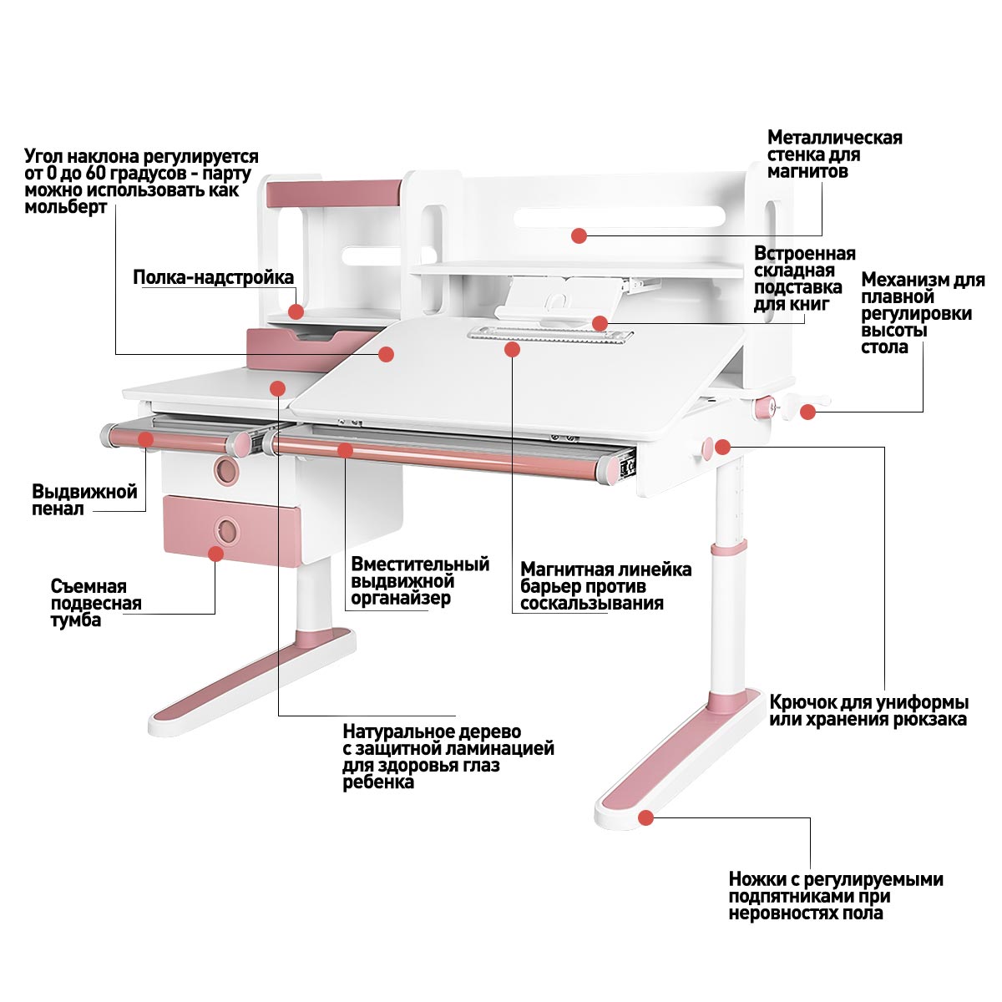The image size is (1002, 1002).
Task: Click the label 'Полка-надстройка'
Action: pyautogui.click(x=213, y=277)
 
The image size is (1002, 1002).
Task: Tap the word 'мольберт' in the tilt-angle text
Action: pyautogui.click(x=65, y=207)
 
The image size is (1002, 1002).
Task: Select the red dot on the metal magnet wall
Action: pyautogui.click(x=579, y=235)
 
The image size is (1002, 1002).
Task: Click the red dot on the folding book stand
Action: pyautogui.click(x=600, y=323)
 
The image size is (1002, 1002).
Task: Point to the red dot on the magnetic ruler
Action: pyautogui.click(x=513, y=349)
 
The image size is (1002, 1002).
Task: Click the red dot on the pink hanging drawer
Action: pyautogui.click(x=216, y=553)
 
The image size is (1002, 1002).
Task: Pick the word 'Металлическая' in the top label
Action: pyautogui.click(x=834, y=138)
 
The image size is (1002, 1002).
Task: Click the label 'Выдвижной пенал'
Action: pyautogui.click(x=84, y=500)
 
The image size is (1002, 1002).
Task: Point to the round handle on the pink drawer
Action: pyautogui.click(x=226, y=529)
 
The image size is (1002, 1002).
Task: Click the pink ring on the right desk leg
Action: pyautogui.click(x=728, y=549)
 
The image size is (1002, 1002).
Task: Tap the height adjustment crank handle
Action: pyautogui.click(x=808, y=410)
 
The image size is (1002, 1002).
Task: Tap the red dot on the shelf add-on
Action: pyautogui.click(x=296, y=311)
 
